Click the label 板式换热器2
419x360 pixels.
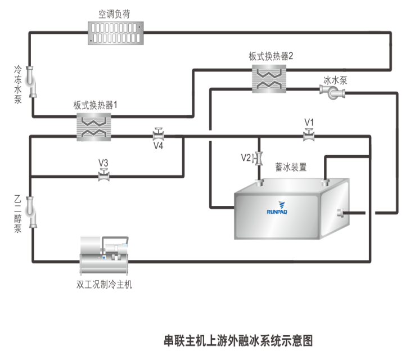271,56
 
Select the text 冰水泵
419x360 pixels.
335,80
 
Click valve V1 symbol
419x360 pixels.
309,135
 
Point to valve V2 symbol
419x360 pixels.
259,159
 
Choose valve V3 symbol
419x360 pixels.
103,175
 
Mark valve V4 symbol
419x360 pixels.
159,135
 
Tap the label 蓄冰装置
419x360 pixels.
291,167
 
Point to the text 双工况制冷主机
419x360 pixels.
104,285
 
